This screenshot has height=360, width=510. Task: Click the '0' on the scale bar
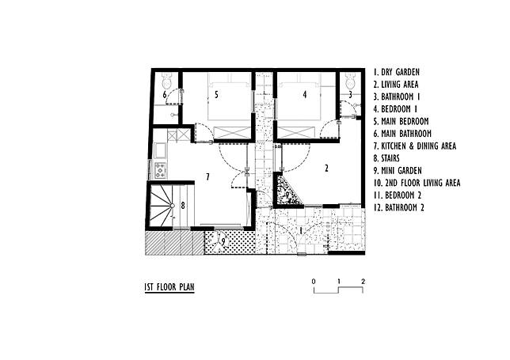click(314, 282)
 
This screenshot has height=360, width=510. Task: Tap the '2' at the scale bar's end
click(363, 282)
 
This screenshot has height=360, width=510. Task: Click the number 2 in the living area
click(325, 168)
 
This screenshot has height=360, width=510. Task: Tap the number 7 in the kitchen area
click(207, 175)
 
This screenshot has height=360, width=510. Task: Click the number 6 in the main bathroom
click(165, 96)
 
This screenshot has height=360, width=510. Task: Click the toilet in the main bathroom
click(166, 80)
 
